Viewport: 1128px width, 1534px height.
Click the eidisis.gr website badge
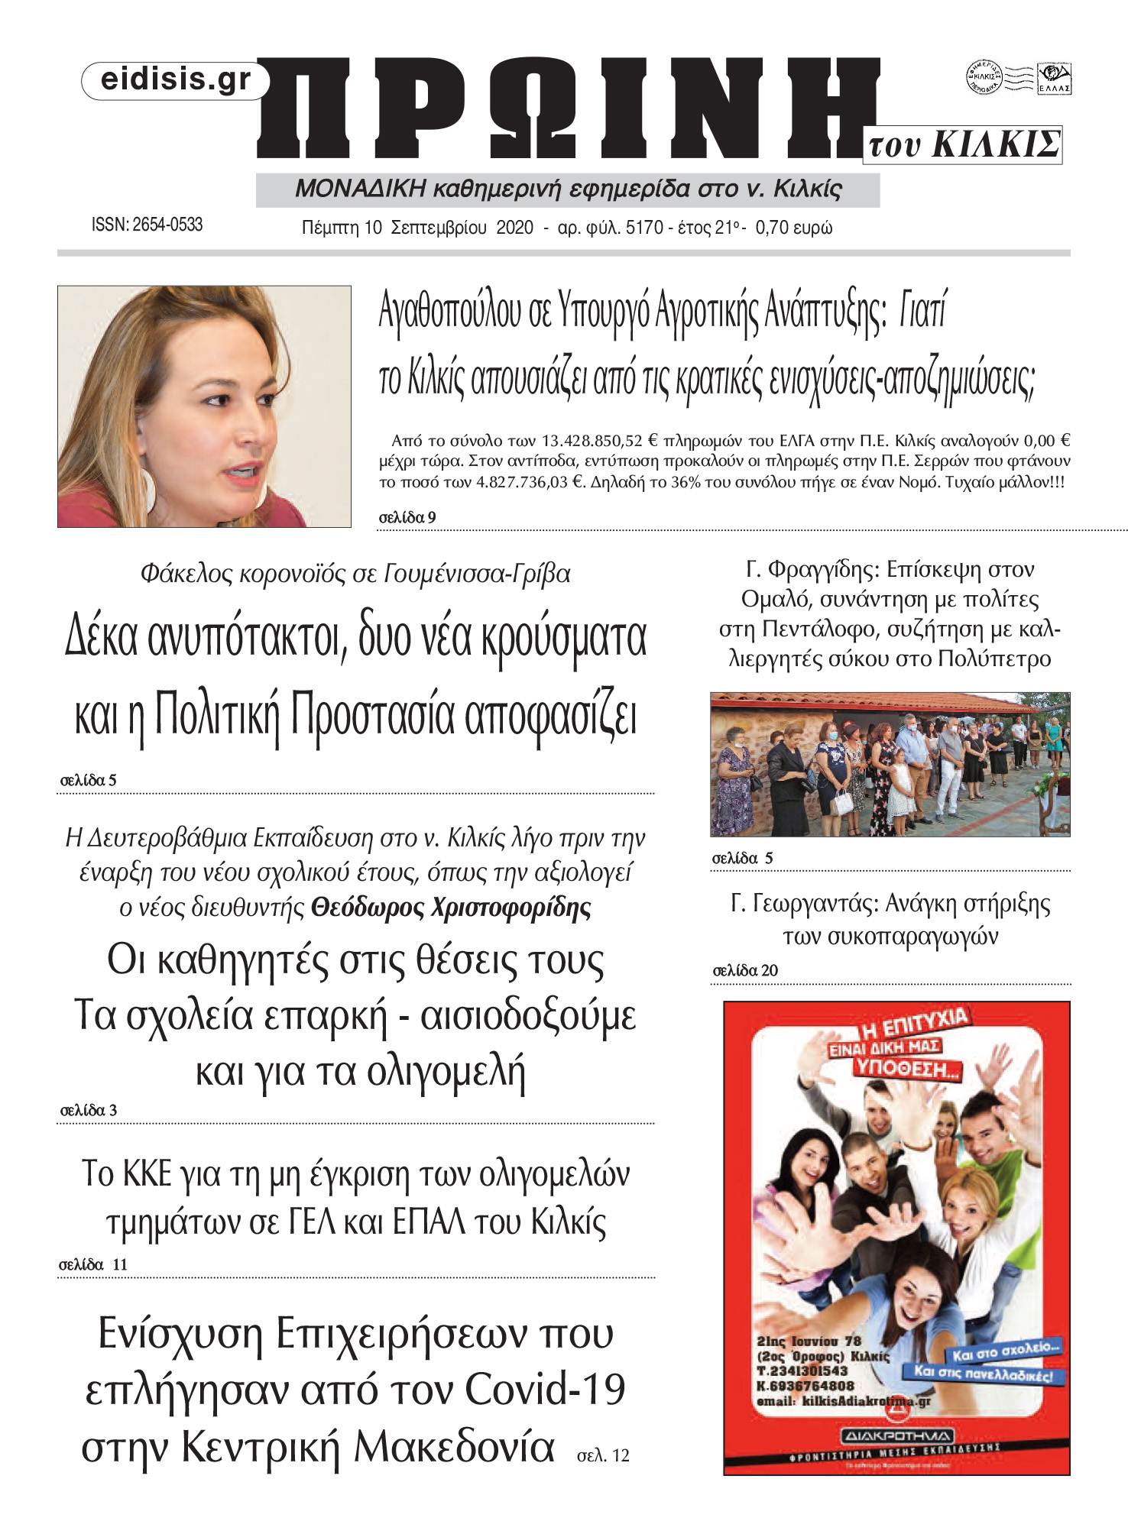click(x=175, y=80)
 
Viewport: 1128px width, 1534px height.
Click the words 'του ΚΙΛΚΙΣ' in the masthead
click(x=964, y=144)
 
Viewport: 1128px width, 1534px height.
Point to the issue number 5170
click(x=644, y=228)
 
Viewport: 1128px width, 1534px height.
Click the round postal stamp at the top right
click(x=984, y=77)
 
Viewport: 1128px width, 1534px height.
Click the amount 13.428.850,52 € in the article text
click(x=599, y=441)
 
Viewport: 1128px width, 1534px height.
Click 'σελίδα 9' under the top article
click(x=407, y=517)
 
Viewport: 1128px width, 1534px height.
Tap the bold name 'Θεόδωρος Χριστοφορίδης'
click(x=451, y=908)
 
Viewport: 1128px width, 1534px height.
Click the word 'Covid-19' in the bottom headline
click(x=545, y=1390)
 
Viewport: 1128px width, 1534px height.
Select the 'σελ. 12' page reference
click(x=603, y=1456)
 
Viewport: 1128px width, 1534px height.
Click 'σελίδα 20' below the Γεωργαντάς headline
click(x=745, y=970)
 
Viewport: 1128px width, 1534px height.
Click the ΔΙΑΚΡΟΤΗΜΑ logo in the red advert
click(x=896, y=1436)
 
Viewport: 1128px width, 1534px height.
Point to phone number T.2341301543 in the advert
click(x=802, y=1371)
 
